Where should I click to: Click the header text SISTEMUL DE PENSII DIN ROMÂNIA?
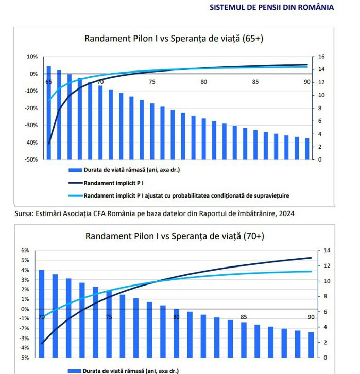pos(271,7)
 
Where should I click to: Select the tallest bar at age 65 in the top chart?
pos(49,113)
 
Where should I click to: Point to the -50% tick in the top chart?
pos(31,159)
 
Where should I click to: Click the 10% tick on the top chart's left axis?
pos(32,57)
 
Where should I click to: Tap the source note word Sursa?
pos(24,213)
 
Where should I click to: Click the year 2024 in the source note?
pos(286,213)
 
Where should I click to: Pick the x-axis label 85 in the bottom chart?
pos(244,317)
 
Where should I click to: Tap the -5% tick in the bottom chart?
pos(25,358)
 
